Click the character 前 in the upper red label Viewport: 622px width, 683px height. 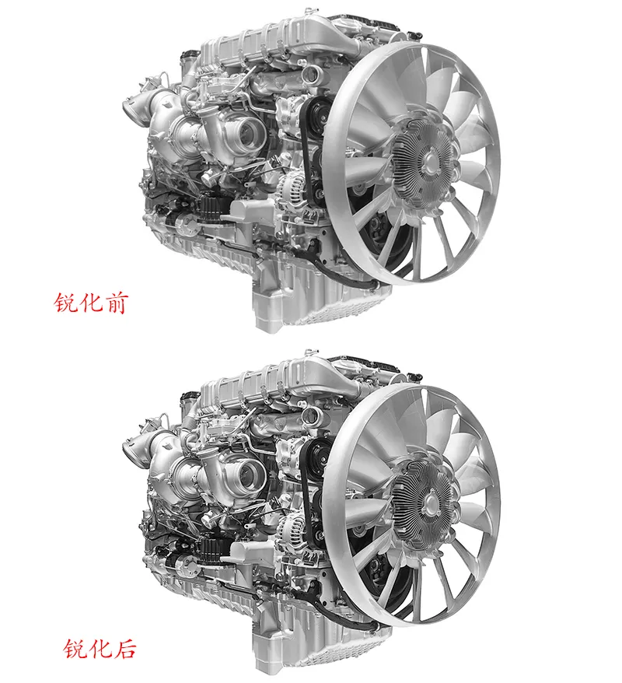coord(116,303)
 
